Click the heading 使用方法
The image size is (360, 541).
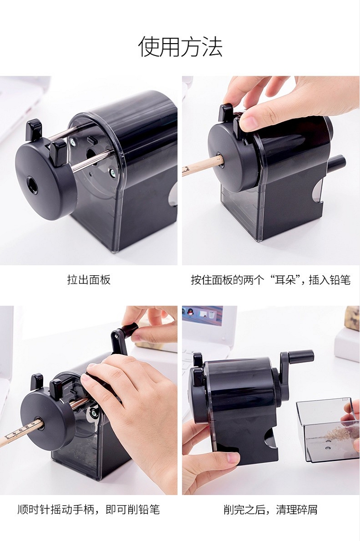point(180,47)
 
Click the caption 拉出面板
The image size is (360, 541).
point(89,280)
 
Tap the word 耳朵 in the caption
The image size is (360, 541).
point(285,280)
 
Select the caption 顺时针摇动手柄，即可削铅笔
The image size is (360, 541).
point(89,509)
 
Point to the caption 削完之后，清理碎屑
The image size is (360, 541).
point(270,509)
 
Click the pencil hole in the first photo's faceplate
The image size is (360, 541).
point(32,185)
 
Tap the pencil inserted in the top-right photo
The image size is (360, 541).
point(203,165)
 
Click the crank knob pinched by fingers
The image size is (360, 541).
point(129,330)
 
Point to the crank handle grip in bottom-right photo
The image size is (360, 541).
point(300,356)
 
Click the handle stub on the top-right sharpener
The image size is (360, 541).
point(336,163)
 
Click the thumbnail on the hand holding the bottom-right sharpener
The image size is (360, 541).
point(233,458)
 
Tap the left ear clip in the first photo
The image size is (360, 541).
point(34,130)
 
